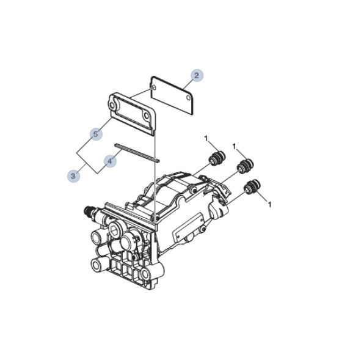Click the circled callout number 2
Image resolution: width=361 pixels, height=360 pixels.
tap(197, 75)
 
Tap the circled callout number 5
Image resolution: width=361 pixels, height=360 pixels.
tap(95, 134)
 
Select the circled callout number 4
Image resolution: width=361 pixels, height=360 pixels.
tap(110, 161)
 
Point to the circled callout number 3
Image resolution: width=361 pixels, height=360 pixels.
tap(73, 176)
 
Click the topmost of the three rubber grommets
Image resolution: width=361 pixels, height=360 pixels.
tap(217, 158)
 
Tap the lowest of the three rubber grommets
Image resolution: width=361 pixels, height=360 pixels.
tap(252, 186)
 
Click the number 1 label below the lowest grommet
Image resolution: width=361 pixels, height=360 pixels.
tap(270, 205)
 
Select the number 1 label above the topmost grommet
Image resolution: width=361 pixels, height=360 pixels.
tap(206, 138)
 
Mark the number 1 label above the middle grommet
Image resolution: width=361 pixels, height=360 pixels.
tap(234, 146)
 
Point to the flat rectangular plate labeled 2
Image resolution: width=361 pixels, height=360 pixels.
tap(172, 95)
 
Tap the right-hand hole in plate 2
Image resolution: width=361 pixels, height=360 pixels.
tap(189, 98)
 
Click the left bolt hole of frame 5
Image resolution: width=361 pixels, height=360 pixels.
tap(112, 106)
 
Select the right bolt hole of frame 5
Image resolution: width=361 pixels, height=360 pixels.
tap(146, 115)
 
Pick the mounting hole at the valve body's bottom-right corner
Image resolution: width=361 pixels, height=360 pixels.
tap(145, 274)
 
